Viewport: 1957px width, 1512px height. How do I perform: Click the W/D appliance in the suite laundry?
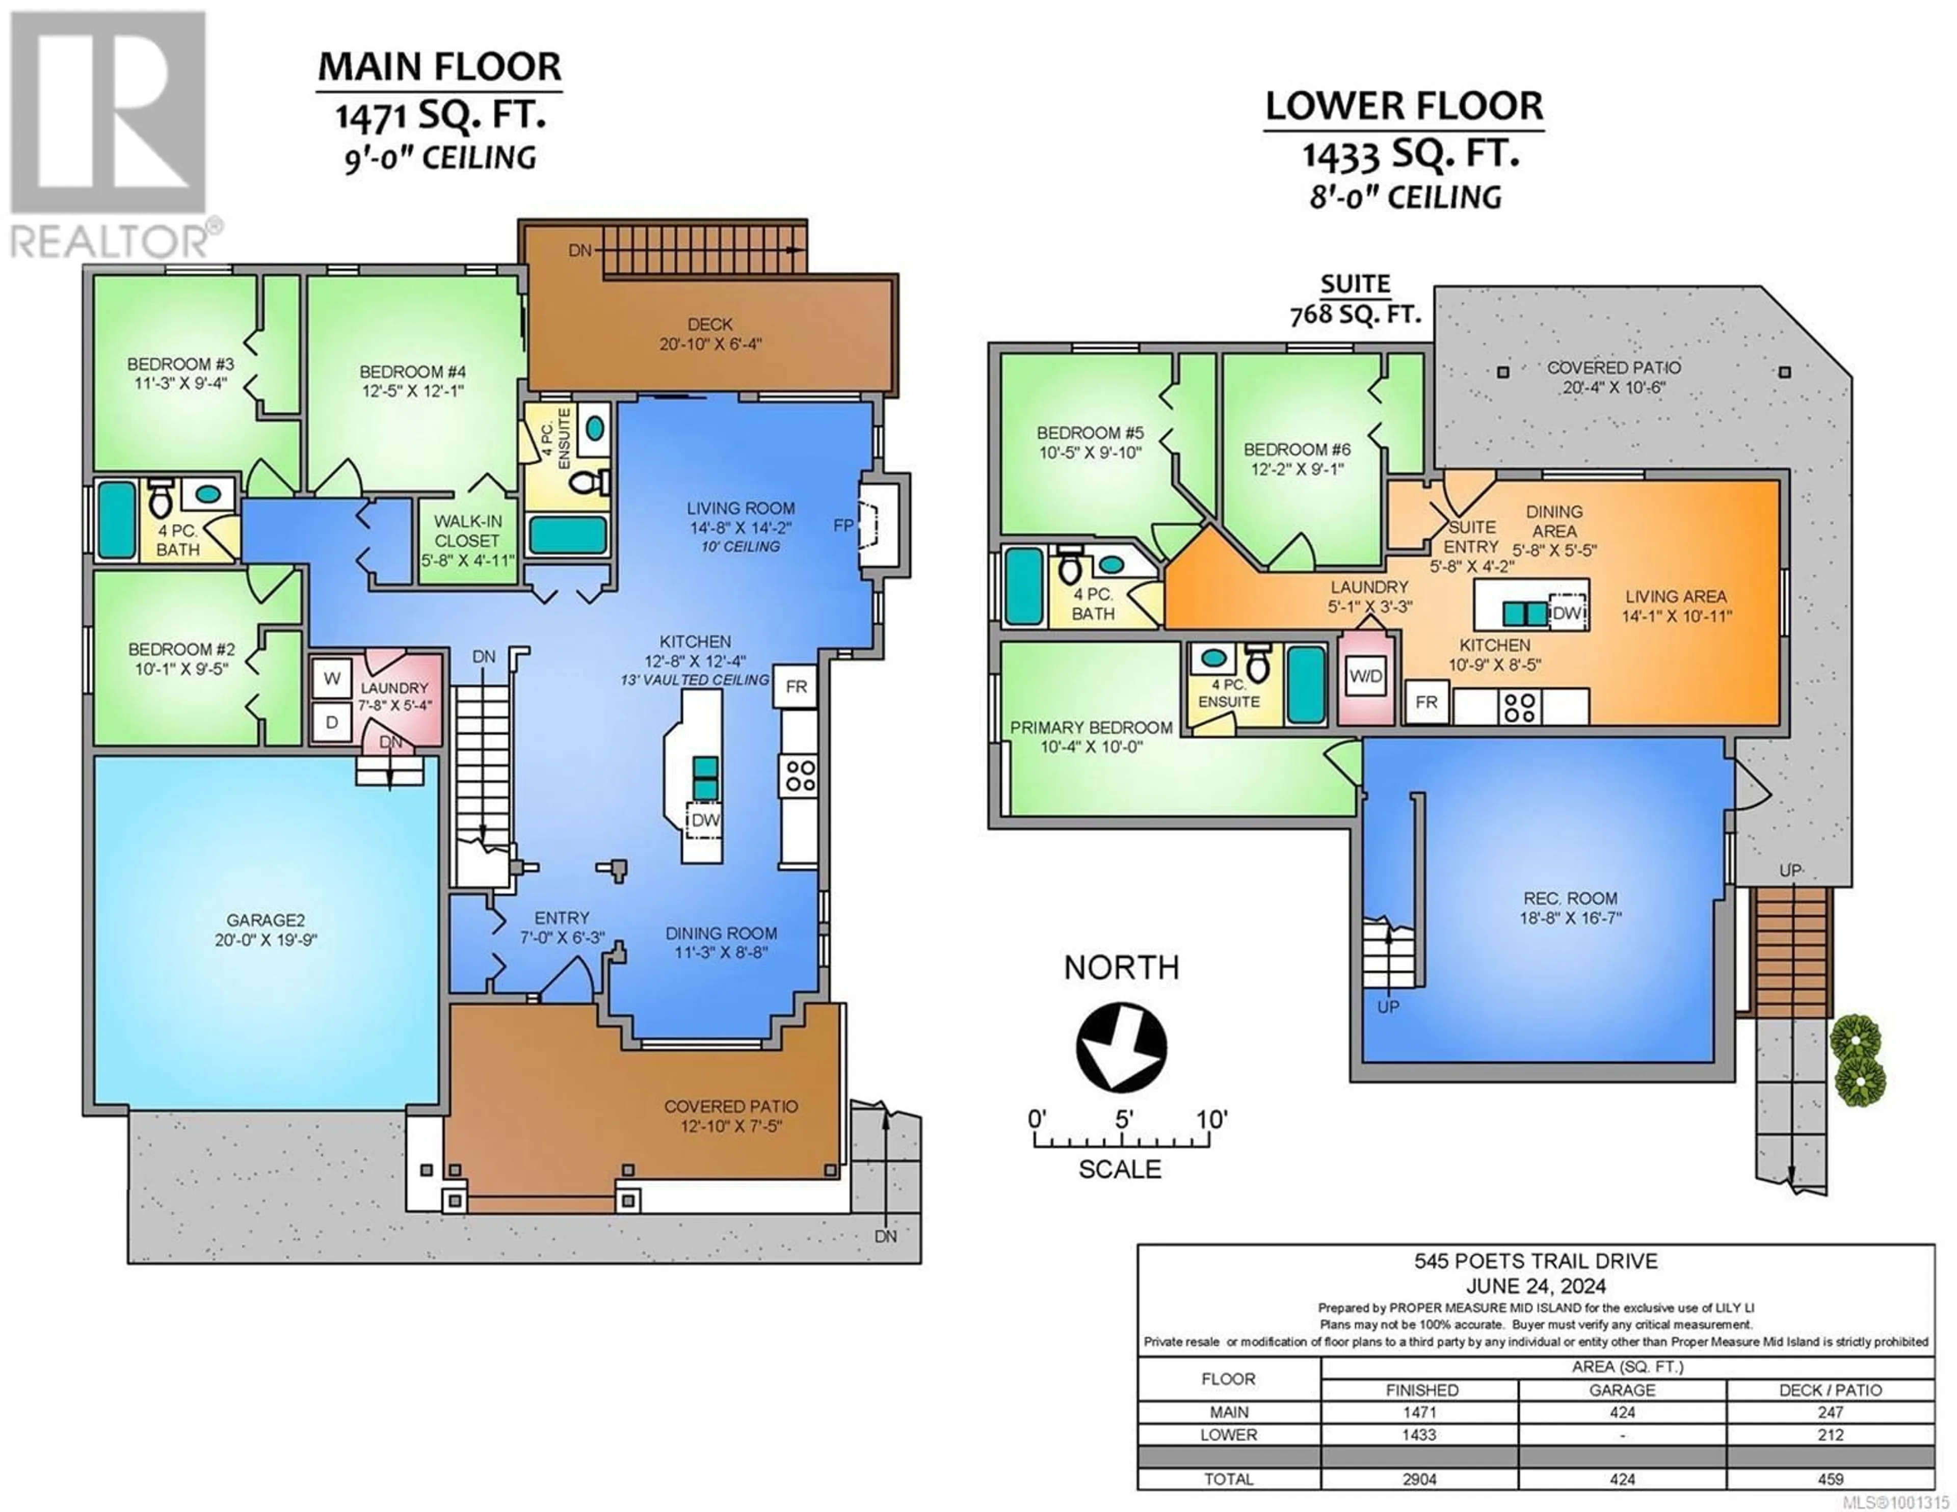point(1366,677)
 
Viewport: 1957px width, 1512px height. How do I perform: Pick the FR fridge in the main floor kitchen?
point(796,686)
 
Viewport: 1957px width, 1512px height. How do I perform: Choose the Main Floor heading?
point(440,67)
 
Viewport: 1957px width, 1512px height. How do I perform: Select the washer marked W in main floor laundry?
point(332,678)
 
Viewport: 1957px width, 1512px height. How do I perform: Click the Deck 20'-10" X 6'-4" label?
point(710,333)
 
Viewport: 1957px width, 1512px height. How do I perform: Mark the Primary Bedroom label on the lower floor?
point(1091,737)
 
